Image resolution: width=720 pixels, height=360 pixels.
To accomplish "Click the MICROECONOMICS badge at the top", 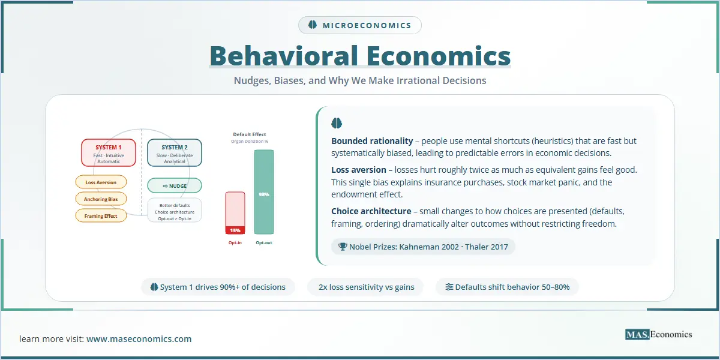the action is [x=359, y=25].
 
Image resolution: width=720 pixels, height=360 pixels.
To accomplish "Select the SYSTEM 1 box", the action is [x=109, y=152].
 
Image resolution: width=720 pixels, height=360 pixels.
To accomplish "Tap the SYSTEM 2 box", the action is [x=175, y=152].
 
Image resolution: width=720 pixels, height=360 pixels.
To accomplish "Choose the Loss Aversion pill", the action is [x=101, y=182].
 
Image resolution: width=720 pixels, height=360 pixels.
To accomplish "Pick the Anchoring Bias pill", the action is [x=101, y=199].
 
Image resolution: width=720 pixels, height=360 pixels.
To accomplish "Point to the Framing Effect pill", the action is [x=101, y=215].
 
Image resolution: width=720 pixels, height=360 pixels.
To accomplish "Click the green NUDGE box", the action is [x=175, y=186].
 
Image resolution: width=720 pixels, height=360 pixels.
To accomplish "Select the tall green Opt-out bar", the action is [x=264, y=192].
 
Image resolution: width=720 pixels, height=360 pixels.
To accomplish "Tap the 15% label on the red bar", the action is [x=235, y=230].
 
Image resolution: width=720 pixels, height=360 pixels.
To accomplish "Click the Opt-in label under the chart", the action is [x=235, y=242].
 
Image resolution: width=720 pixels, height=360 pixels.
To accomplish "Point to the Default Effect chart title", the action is [x=250, y=134].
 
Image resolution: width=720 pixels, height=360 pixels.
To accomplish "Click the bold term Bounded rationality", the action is [x=372, y=141].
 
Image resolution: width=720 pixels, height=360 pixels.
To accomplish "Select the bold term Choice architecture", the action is [x=371, y=211].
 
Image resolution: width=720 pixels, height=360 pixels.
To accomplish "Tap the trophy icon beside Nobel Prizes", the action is [x=343, y=247].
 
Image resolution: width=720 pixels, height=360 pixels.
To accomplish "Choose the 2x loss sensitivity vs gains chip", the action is [x=366, y=287].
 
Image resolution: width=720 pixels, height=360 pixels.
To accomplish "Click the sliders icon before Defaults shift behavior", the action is [x=449, y=287].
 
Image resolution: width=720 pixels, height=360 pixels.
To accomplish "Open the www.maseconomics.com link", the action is [x=139, y=339].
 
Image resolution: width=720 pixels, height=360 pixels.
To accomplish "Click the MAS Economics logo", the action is [x=659, y=335].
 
